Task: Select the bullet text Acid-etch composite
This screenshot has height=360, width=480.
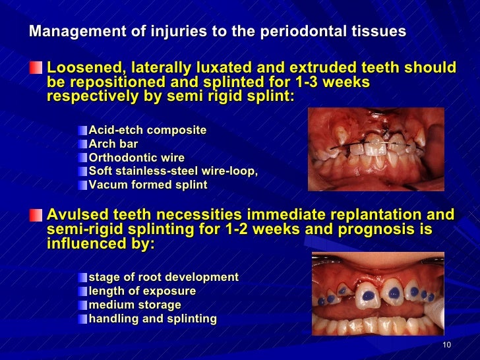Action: (147, 130)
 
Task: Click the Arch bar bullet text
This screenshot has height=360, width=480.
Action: (113, 144)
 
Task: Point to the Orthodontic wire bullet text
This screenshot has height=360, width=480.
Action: (136, 158)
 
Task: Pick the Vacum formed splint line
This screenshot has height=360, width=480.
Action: (148, 185)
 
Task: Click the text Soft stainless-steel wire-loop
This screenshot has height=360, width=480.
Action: (173, 171)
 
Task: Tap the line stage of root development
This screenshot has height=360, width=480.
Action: (164, 277)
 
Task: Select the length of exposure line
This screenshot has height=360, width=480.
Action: (142, 291)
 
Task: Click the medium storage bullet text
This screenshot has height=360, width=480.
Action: (135, 305)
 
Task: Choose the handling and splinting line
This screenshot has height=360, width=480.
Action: (152, 318)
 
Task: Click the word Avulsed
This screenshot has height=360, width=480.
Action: (76, 214)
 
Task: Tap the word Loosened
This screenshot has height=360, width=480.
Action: (86, 68)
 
